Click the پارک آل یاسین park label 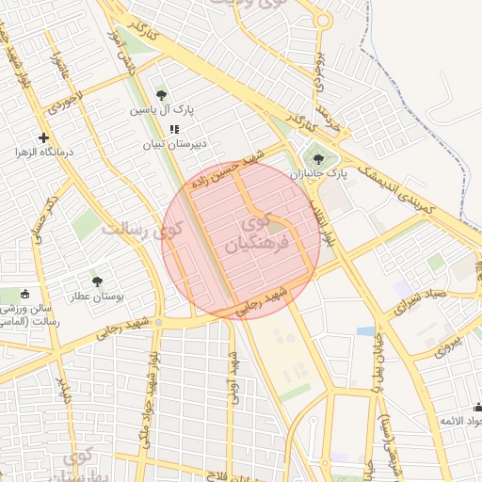(162, 110)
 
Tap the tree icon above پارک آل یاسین (162, 95)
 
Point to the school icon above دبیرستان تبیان (173, 129)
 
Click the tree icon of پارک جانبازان (318, 159)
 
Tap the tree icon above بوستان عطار (98, 281)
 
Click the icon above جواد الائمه (478, 408)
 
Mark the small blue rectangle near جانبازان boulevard (365, 331)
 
